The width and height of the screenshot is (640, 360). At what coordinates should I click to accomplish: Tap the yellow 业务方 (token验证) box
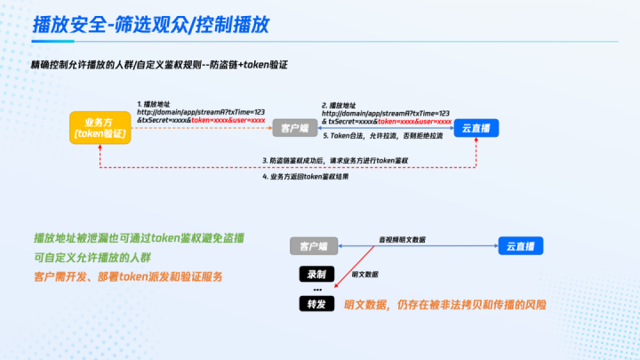[101, 127]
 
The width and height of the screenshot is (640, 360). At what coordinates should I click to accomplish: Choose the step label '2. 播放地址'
[342, 103]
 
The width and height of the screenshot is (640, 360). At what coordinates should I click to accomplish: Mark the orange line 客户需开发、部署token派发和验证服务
[127, 276]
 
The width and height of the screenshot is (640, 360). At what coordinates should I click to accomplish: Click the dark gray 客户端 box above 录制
[314, 245]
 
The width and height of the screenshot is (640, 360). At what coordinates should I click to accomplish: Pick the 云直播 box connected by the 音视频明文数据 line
[519, 245]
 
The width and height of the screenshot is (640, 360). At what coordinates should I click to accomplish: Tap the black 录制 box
[315, 275]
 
